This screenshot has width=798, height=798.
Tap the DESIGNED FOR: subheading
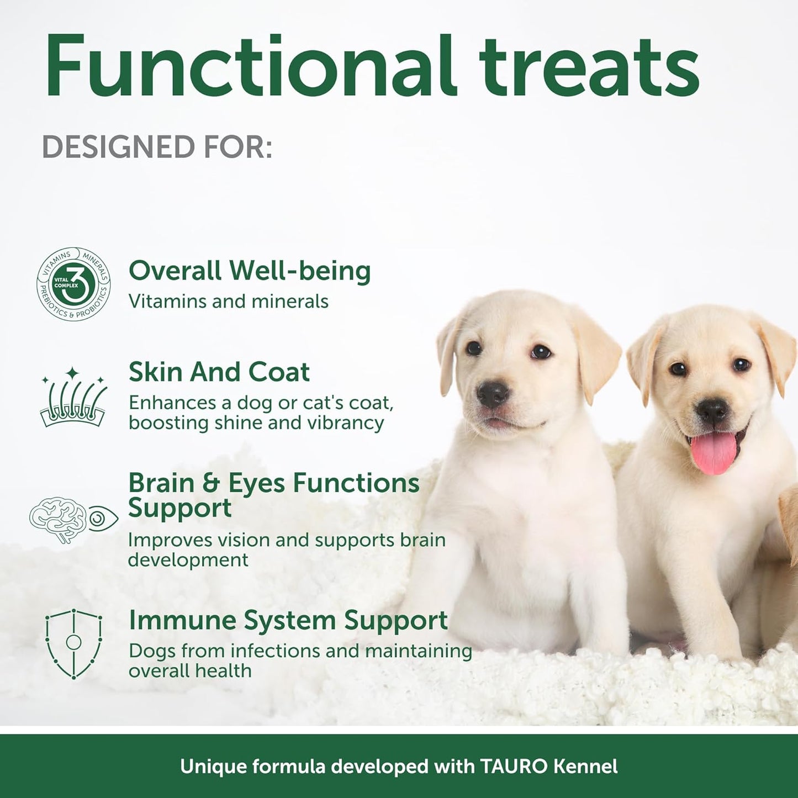[x=157, y=147]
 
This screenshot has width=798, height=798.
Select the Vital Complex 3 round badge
[x=73, y=284]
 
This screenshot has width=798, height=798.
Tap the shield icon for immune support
[x=73, y=643]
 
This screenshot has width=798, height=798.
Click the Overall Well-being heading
[x=249, y=271]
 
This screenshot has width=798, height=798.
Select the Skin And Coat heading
[x=219, y=372]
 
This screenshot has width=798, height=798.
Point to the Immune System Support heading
[x=288, y=620]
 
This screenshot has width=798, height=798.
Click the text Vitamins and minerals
[x=228, y=302]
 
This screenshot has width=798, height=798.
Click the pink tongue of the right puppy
[x=714, y=451]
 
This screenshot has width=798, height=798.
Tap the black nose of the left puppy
[x=492, y=393]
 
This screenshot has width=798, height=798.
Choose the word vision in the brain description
[x=244, y=540]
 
